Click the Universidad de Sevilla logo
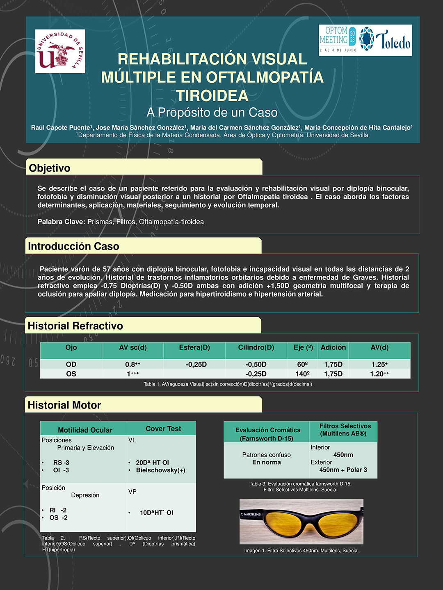60,51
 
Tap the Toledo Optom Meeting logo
365,40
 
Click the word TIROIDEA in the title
212,95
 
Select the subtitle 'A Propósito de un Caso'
212,112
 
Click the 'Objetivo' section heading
50,168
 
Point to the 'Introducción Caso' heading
73,246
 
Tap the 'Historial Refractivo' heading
75,326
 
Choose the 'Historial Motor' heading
64,405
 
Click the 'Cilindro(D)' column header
256,347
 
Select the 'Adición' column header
333,347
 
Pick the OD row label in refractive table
71,364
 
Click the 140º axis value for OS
302,374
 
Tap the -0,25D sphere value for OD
196,364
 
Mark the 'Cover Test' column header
163,429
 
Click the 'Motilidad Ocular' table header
85,430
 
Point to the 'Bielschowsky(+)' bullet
160,470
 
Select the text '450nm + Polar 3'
343,470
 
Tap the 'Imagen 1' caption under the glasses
301,551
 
